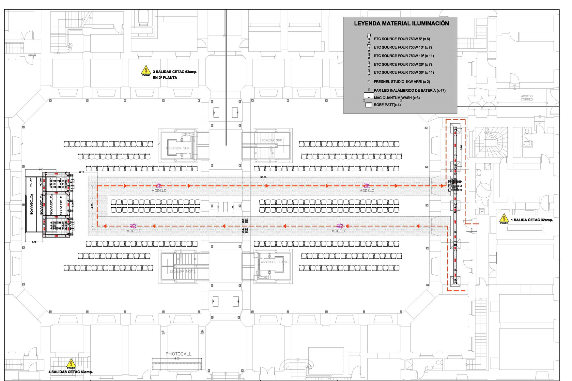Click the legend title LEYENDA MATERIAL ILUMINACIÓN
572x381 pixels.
coord(401,23)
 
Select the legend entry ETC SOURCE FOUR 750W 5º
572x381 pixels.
coord(402,39)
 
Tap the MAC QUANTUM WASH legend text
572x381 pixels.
coord(396,98)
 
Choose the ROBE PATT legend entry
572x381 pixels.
coord(387,105)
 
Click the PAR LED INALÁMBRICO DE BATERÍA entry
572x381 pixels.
coord(410,90)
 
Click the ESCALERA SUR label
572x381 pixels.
coord(271,140)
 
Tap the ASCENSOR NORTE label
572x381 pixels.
coord(274,262)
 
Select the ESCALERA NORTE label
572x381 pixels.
coord(183,271)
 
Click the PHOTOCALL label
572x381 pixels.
coord(178,354)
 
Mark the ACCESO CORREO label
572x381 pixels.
coord(527,98)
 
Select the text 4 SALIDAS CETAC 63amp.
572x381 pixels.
coord(70,372)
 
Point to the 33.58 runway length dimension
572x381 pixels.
coord(263,177)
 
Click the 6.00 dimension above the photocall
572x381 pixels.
coord(177,358)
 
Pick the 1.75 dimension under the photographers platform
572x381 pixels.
coord(34,242)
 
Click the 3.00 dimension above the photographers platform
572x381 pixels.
coord(40,170)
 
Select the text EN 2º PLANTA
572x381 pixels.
coord(165,78)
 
